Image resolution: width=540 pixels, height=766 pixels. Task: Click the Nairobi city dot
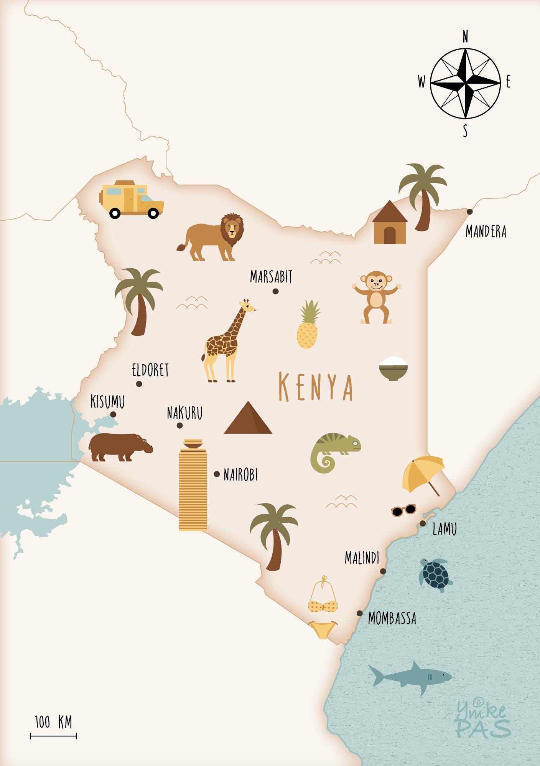(x=217, y=474)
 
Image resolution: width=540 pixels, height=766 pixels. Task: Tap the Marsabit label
(x=271, y=277)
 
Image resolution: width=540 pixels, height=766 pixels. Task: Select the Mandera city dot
(x=469, y=211)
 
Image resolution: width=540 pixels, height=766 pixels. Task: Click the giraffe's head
(x=247, y=306)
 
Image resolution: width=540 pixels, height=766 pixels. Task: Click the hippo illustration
(x=120, y=447)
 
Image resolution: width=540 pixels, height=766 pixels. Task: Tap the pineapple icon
(x=308, y=326)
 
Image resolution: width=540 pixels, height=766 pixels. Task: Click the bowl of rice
(x=393, y=368)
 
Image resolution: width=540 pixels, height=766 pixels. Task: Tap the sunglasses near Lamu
(x=403, y=510)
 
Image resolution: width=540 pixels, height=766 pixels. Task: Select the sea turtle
(x=435, y=574)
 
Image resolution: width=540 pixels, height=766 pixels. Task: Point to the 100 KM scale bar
(x=53, y=736)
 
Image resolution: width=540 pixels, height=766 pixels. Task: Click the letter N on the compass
(x=465, y=37)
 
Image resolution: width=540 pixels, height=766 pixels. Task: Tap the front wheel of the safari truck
(x=153, y=213)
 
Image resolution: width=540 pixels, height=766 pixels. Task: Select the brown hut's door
(x=389, y=235)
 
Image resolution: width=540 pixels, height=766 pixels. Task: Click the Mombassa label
(x=392, y=618)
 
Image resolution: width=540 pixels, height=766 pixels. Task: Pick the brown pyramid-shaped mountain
(x=248, y=419)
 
